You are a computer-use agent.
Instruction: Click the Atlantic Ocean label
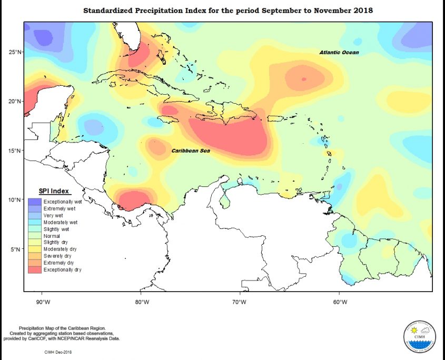click(x=339, y=52)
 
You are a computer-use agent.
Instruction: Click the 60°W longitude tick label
click(x=340, y=302)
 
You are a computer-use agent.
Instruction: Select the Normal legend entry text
click(x=52, y=236)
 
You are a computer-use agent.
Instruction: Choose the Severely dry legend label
click(x=58, y=256)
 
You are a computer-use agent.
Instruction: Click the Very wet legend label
click(x=54, y=215)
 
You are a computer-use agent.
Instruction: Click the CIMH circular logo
click(x=419, y=336)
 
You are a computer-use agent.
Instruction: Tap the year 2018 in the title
click(x=363, y=10)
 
